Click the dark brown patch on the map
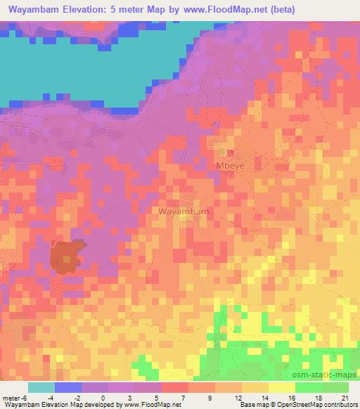pos(66,257)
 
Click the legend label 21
pos(344,398)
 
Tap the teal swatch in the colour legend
pos(41,387)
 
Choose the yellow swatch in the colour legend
pos(281,387)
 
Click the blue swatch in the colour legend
pos(68,387)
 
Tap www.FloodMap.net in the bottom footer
pos(153,405)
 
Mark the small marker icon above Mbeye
pos(224,151)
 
